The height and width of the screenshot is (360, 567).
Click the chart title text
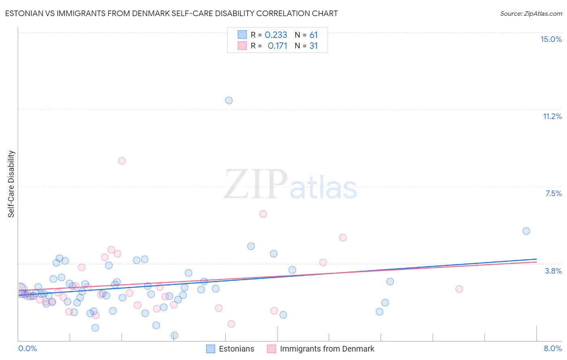(171, 13)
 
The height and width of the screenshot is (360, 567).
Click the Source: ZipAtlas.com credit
(531, 13)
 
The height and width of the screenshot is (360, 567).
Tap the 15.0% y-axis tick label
(551, 39)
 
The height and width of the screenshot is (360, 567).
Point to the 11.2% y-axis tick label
(552, 116)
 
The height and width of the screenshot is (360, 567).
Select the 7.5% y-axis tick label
(553, 193)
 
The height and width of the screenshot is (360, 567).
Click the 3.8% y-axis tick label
(553, 271)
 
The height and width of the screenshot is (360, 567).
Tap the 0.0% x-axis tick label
(27, 348)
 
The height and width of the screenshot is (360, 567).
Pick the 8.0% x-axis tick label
(552, 348)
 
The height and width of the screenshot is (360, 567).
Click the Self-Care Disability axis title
(11, 184)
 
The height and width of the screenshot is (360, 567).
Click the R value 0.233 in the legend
(276, 35)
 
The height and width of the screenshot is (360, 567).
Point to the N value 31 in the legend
(313, 46)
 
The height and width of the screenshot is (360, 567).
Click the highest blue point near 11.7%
(229, 100)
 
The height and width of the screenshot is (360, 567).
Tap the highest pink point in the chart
(122, 161)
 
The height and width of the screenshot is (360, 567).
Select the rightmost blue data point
(526, 231)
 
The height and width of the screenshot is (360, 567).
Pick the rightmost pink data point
(459, 289)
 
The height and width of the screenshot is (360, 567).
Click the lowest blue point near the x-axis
(174, 335)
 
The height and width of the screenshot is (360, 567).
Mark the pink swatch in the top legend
(242, 46)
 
